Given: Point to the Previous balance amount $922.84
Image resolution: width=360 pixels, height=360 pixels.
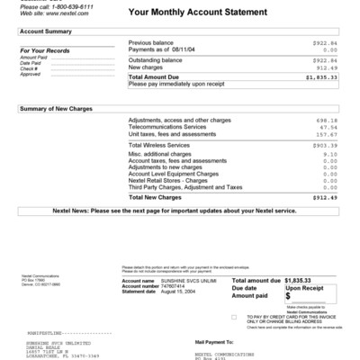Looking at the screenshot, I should pyautogui.click(x=324, y=42).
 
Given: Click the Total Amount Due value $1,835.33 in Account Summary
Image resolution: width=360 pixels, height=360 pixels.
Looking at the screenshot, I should pyautogui.click(x=321, y=77).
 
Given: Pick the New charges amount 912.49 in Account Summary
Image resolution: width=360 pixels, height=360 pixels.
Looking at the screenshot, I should pyautogui.click(x=326, y=67).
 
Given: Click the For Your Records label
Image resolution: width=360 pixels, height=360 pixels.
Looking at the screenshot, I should pyautogui.click(x=40, y=49).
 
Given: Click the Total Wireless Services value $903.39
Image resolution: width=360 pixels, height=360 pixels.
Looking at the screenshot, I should pyautogui.click(x=323, y=144).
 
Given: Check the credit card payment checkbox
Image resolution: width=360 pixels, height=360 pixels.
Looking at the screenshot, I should pyautogui.click(x=235, y=318).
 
